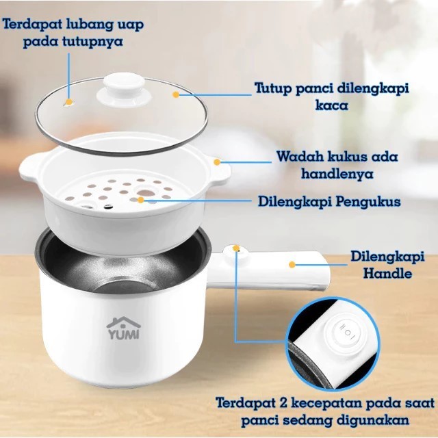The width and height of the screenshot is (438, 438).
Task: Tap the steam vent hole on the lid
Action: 68,103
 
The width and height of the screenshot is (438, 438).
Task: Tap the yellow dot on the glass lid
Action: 176,94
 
